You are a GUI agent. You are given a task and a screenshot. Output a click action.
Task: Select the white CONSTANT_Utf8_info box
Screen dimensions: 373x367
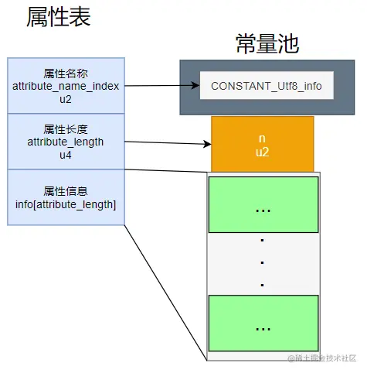[266, 85]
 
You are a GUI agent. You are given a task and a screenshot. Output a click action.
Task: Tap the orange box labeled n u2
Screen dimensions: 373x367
[262, 144]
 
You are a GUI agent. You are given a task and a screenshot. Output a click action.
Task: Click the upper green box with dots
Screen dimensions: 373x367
[263, 208]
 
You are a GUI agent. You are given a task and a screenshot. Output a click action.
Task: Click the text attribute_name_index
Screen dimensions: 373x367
[66, 86]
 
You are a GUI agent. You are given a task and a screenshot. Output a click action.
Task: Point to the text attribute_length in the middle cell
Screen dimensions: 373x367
[66, 142]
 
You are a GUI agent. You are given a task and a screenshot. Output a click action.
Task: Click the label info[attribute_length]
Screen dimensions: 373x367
[66, 204]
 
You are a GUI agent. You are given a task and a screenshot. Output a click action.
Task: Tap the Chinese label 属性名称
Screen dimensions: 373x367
[66, 73]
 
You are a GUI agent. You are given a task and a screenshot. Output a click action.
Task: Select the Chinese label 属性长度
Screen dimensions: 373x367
[66, 130]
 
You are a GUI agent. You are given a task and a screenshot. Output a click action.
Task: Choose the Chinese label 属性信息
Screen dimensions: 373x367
[66, 191]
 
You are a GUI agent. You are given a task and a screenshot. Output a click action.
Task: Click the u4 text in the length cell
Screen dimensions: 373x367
[66, 155]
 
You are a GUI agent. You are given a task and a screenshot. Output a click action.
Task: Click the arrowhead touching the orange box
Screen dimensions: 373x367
[206, 144]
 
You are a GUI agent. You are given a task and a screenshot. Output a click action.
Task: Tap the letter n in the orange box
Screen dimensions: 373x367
[262, 138]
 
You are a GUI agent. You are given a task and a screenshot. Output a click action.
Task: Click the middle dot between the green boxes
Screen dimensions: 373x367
[263, 262]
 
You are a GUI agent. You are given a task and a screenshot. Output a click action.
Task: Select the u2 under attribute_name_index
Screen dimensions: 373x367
[66, 99]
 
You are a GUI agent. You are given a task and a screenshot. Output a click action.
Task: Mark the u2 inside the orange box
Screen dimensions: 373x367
[262, 152]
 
